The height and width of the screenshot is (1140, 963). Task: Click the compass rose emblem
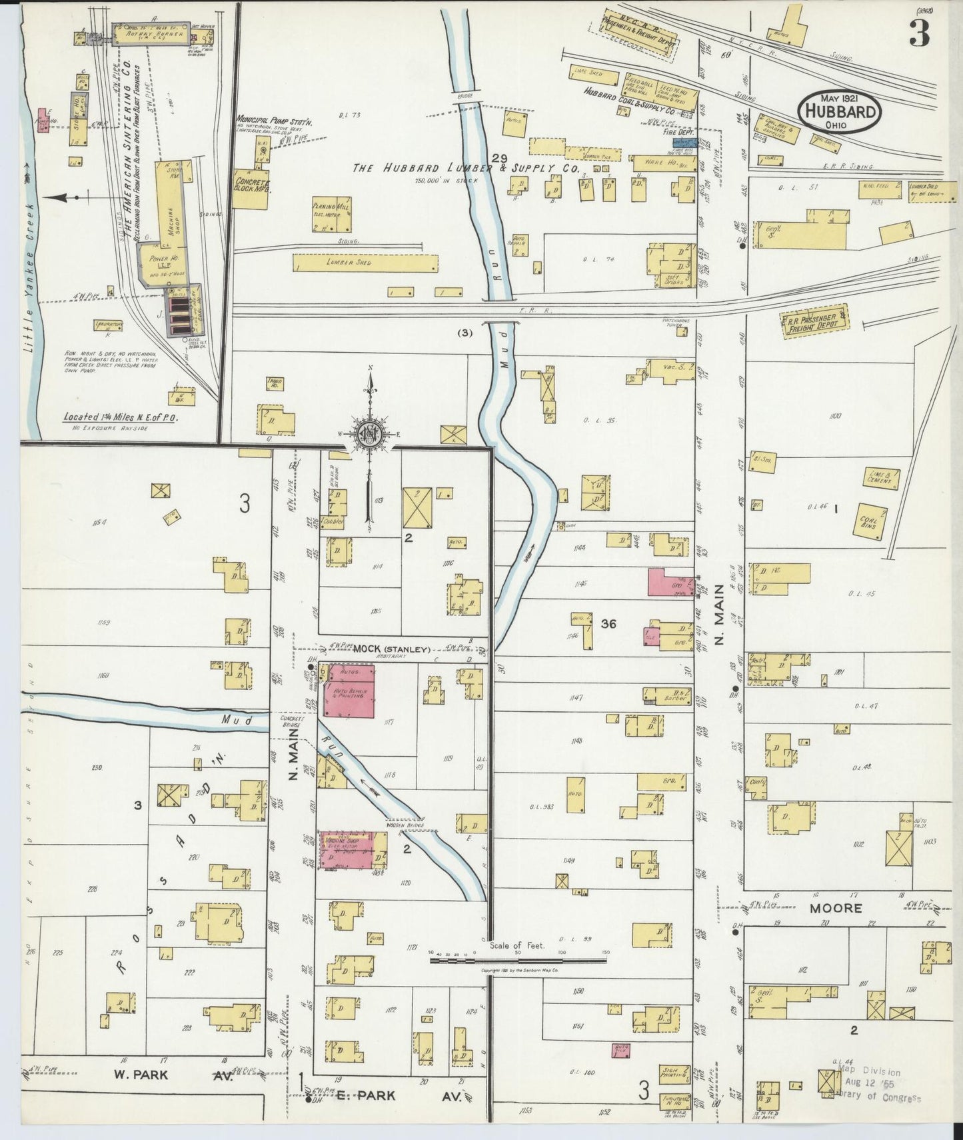[369, 435]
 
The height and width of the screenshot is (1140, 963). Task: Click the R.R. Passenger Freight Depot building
[816, 323]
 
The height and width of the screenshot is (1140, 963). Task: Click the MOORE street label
[836, 908]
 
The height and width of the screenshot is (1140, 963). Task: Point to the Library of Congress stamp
[879, 1086]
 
